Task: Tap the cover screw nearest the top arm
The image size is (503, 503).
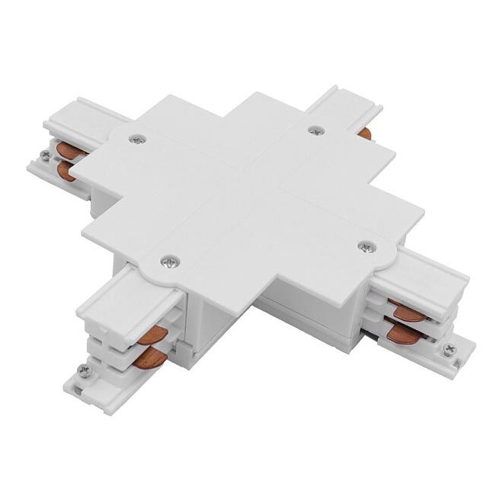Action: click(314, 130)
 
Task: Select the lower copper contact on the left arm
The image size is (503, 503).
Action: click(67, 169)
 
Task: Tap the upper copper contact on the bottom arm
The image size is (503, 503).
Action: click(158, 332)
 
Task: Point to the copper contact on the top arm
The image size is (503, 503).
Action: click(366, 134)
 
